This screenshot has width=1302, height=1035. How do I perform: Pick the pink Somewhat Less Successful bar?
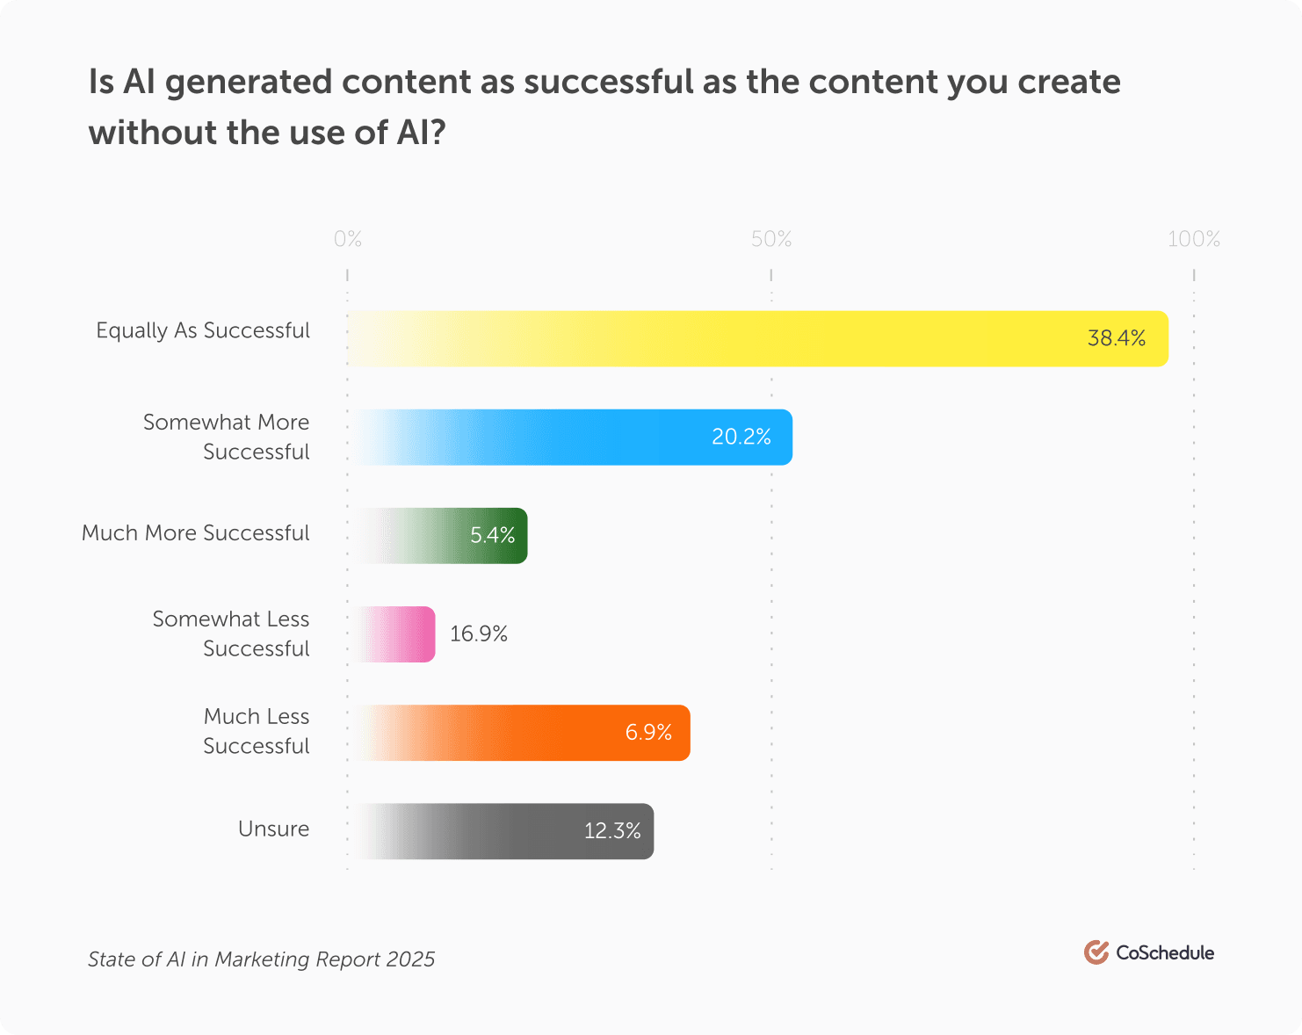pyautogui.click(x=395, y=633)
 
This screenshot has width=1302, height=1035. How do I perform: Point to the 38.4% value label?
pyautogui.click(x=1116, y=338)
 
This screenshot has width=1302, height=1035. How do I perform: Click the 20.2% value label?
pyautogui.click(x=741, y=437)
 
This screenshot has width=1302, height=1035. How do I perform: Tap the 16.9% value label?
pyautogui.click(x=479, y=633)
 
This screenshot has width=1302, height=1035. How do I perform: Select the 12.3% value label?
pyautogui.click(x=612, y=830)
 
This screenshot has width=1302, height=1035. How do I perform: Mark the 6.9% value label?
pyautogui.click(x=648, y=732)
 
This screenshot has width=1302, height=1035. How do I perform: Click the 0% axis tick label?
pyautogui.click(x=348, y=239)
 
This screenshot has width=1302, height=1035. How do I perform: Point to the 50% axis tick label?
pyautogui.click(x=771, y=239)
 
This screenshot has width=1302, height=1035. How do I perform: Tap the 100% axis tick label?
pyautogui.click(x=1193, y=239)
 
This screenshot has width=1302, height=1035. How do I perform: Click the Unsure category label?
pyautogui.click(x=273, y=829)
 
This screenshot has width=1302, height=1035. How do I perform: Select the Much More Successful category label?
pyautogui.click(x=195, y=533)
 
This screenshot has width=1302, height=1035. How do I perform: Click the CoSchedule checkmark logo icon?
pyautogui.click(x=1096, y=952)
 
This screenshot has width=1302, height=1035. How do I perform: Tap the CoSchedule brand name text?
pyautogui.click(x=1165, y=952)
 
